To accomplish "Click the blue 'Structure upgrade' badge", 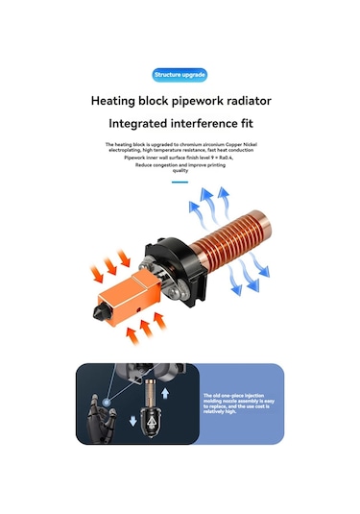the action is (x=180, y=75).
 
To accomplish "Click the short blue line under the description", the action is (x=180, y=180).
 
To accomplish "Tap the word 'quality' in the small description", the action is (x=180, y=170).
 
